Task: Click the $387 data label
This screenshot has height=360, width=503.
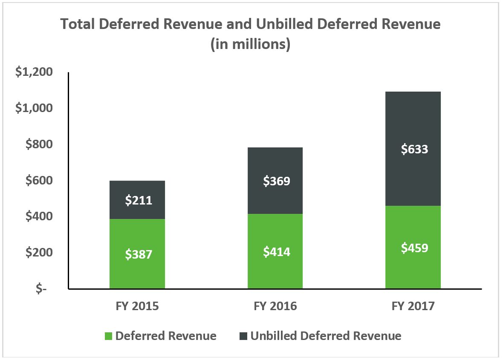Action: point(139,254)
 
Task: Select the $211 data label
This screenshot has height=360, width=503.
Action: point(139,200)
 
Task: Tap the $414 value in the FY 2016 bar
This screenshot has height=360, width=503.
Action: point(276,252)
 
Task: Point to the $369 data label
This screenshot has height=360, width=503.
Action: point(276,181)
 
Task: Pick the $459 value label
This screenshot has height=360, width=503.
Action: point(414,248)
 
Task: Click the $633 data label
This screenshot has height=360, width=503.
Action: point(414,149)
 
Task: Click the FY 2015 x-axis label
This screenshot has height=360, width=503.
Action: point(137,306)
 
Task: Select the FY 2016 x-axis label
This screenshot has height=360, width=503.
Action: point(275,306)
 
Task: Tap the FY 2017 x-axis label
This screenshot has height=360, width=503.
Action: point(413,306)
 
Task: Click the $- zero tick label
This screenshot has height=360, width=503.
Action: point(42,289)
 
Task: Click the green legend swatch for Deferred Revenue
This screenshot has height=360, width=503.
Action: point(108,336)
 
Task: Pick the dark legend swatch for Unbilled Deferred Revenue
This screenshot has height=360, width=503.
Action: point(243,336)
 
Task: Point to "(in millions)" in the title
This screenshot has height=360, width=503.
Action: point(251,44)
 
